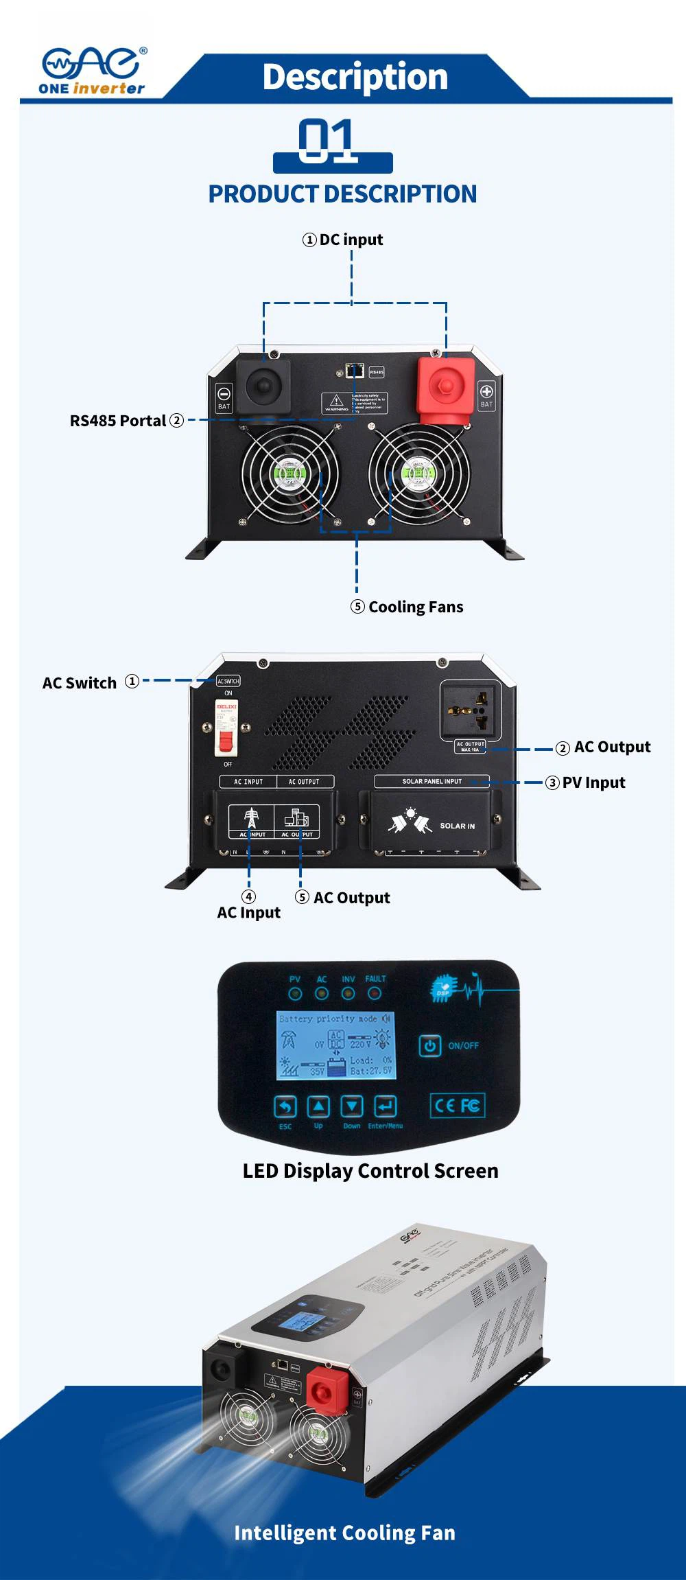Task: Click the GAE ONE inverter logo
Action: tap(93, 71)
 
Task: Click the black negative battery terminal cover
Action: tap(263, 386)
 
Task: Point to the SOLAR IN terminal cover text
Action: tap(457, 826)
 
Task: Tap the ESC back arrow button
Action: tap(285, 1106)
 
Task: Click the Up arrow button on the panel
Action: tap(318, 1106)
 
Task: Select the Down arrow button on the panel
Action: tap(352, 1106)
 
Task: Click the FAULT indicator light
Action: tap(375, 993)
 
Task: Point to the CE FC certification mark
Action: tap(458, 1105)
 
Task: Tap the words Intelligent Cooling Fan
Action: tap(344, 1533)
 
